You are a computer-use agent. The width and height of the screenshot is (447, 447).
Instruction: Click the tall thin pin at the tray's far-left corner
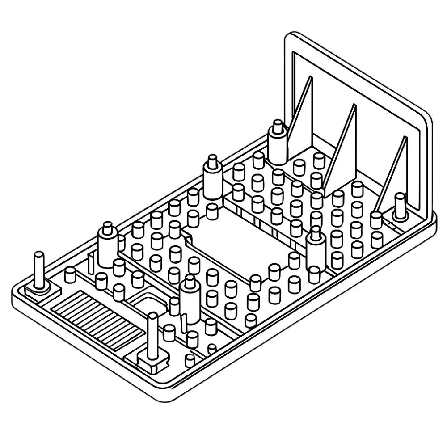pos(39,268)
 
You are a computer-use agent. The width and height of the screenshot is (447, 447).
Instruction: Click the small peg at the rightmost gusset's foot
pos(376,219)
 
